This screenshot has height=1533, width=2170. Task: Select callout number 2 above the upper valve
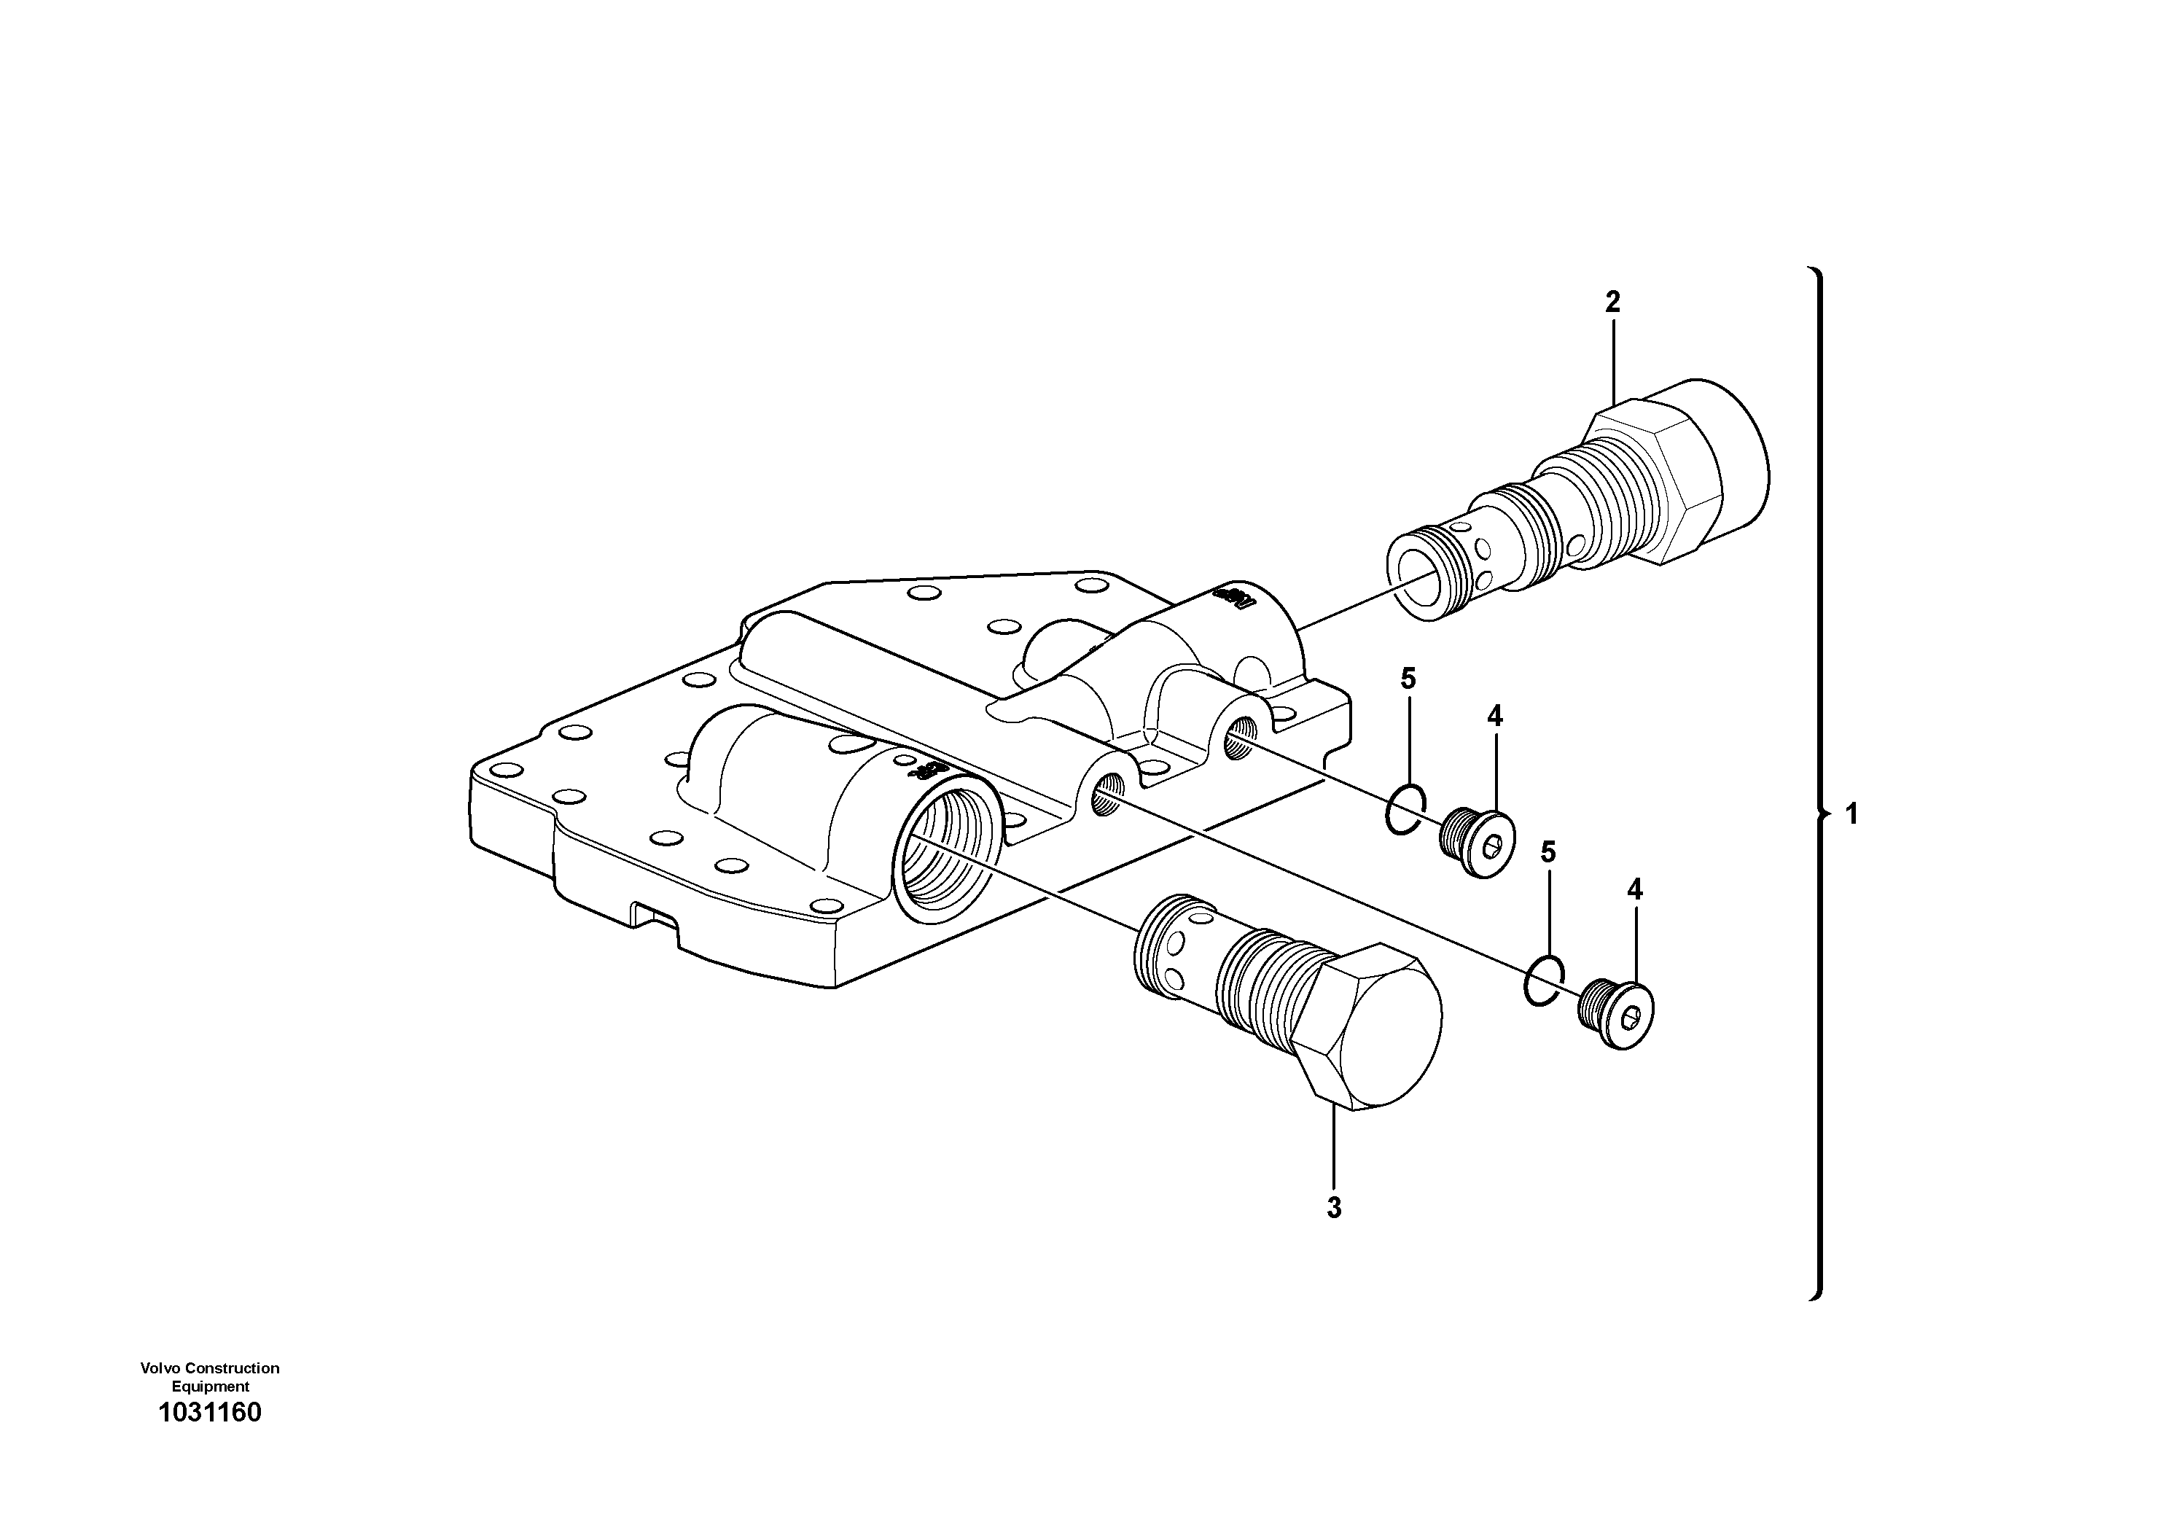click(1612, 303)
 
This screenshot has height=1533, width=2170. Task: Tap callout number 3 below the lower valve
click(1334, 1208)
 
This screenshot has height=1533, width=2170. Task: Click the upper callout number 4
click(1494, 717)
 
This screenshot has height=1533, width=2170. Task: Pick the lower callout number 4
click(1634, 889)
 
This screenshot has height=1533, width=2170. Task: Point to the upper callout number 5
click(1408, 679)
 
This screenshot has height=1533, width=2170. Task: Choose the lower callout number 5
click(1548, 852)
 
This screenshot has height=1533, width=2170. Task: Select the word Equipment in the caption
click(210, 1386)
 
